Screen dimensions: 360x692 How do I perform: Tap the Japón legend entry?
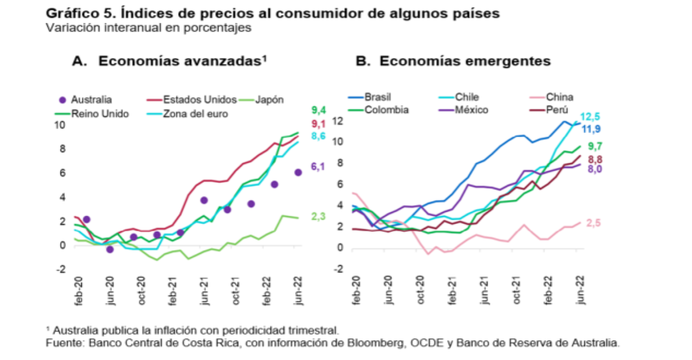click(269, 100)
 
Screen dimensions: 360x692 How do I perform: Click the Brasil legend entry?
click(377, 97)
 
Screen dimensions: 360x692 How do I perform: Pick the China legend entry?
click(559, 97)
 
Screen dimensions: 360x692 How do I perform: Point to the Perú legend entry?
click(557, 109)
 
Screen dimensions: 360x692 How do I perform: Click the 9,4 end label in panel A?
click(319, 110)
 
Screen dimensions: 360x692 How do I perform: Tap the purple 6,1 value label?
click(318, 166)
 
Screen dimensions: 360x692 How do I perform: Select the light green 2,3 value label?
click(318, 217)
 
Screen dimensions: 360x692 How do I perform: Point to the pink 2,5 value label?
click(594, 224)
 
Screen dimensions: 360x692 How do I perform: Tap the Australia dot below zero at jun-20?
click(110, 249)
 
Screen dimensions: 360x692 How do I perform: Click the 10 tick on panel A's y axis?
click(61, 125)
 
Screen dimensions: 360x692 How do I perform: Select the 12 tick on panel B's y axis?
click(337, 120)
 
